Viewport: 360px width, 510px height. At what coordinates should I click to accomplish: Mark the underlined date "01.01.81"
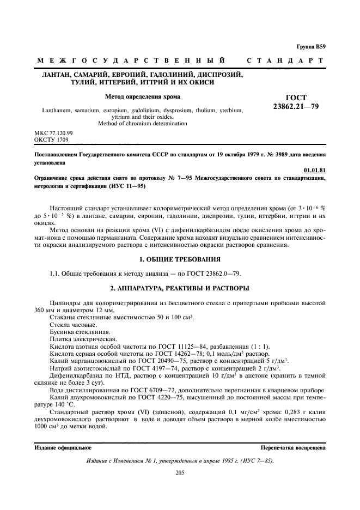point(315,170)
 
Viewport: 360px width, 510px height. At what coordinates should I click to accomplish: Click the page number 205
point(180,472)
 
